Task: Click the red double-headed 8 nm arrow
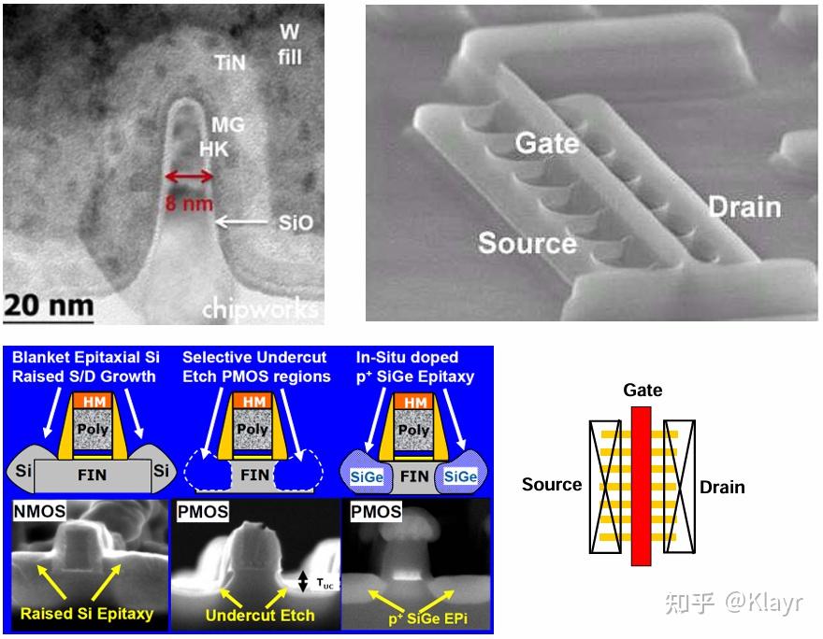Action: pyautogui.click(x=189, y=177)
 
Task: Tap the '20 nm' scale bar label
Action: pyautogui.click(x=50, y=305)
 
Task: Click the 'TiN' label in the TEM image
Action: pyautogui.click(x=230, y=63)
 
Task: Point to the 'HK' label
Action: pyautogui.click(x=214, y=149)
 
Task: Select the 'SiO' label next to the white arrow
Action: pyautogui.click(x=296, y=222)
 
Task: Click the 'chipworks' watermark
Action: pyautogui.click(x=260, y=309)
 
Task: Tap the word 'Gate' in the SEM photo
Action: pyautogui.click(x=547, y=143)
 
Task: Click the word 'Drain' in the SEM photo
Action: pyautogui.click(x=744, y=207)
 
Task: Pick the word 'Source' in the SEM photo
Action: pyautogui.click(x=527, y=243)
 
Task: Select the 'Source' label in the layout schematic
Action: pyautogui.click(x=552, y=484)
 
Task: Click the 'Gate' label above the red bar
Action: pyautogui.click(x=643, y=390)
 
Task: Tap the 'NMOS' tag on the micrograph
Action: pyautogui.click(x=40, y=511)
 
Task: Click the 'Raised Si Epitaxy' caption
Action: pyautogui.click(x=87, y=614)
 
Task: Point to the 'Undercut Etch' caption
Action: pyautogui.click(x=260, y=615)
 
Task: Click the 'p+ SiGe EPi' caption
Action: pyautogui.click(x=427, y=618)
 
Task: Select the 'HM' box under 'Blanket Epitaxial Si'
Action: pyautogui.click(x=94, y=401)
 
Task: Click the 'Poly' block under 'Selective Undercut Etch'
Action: pyautogui.click(x=253, y=430)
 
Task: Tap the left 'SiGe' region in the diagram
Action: pyautogui.click(x=367, y=477)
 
